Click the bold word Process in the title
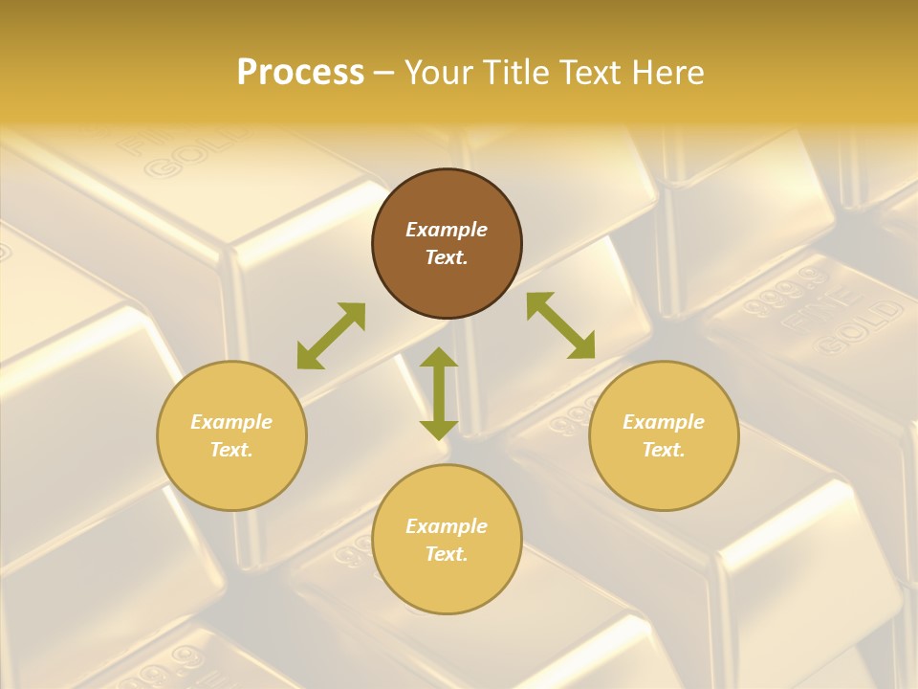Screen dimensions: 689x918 pyautogui.click(x=300, y=73)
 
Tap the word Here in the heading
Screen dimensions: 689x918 pyautogui.click(x=667, y=73)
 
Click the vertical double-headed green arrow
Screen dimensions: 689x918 pyautogui.click(x=439, y=393)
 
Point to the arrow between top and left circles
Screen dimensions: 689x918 pyautogui.click(x=331, y=336)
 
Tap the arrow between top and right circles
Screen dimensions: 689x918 pyautogui.click(x=560, y=325)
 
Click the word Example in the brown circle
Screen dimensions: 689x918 pyautogui.click(x=447, y=230)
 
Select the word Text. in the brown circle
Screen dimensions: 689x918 pyautogui.click(x=447, y=257)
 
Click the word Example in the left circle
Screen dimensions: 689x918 pyautogui.click(x=231, y=422)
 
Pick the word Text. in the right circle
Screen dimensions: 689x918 pyautogui.click(x=664, y=450)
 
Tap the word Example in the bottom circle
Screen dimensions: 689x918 pyautogui.click(x=447, y=526)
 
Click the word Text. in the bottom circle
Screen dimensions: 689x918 pyautogui.click(x=447, y=554)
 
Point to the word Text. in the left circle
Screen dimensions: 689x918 pyautogui.click(x=231, y=450)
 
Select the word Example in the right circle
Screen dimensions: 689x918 pyautogui.click(x=664, y=422)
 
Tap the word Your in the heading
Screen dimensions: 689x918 pyautogui.click(x=440, y=73)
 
